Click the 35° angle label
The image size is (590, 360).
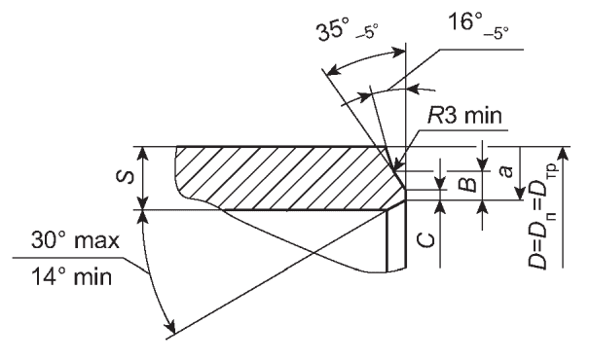(x=331, y=30)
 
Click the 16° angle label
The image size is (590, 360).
(x=465, y=20)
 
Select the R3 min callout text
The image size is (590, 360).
(x=465, y=115)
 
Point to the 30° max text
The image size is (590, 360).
(x=75, y=240)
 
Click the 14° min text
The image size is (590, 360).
(x=71, y=276)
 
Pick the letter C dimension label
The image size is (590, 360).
(x=426, y=240)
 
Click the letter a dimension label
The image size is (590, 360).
(x=505, y=171)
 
